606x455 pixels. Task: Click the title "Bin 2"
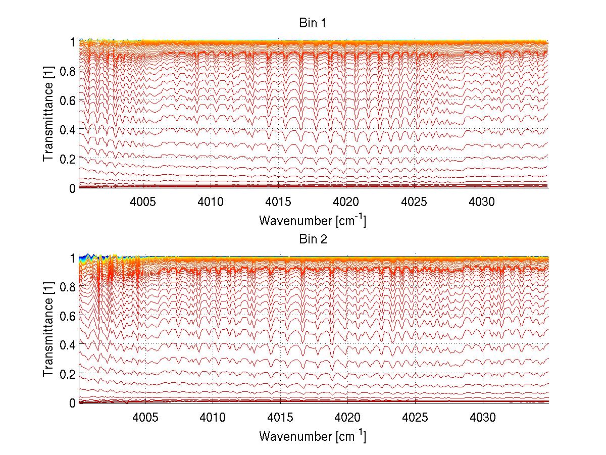tap(313, 239)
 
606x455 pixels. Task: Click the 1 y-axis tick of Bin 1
tap(72, 42)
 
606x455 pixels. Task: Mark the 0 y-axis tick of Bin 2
tap(72, 403)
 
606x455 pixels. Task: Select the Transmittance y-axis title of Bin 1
tap(48, 115)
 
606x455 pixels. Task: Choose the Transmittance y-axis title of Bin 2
tap(48, 331)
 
